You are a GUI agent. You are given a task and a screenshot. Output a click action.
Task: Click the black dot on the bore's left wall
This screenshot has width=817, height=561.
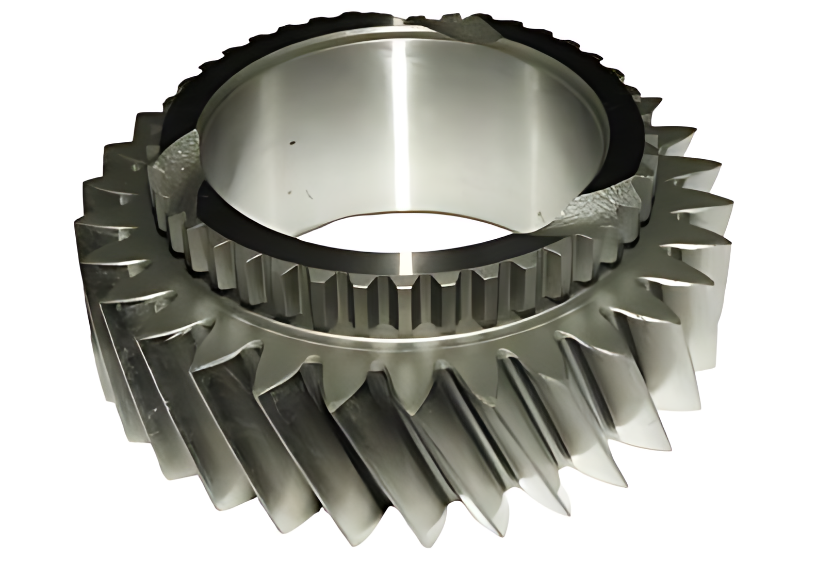(x=292, y=143)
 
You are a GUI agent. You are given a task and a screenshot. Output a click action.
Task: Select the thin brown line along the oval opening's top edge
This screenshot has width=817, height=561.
(x=407, y=212)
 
